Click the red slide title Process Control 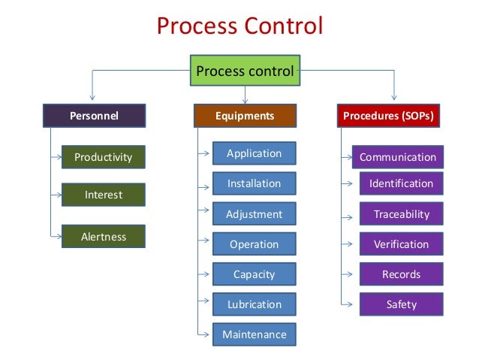(239, 26)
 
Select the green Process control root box (244, 72)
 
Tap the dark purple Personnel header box (94, 116)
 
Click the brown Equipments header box (245, 116)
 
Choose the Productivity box (103, 157)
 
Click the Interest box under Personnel (103, 195)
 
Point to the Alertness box (103, 237)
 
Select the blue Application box (254, 153)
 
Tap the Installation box (254, 183)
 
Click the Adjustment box (254, 214)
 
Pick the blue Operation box (254, 244)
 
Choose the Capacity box (254, 274)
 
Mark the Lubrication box (254, 304)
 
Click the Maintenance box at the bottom (254, 334)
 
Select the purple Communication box (397, 157)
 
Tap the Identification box (401, 183)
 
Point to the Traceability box (401, 214)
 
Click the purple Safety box (401, 304)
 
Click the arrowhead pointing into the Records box (348, 274)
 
